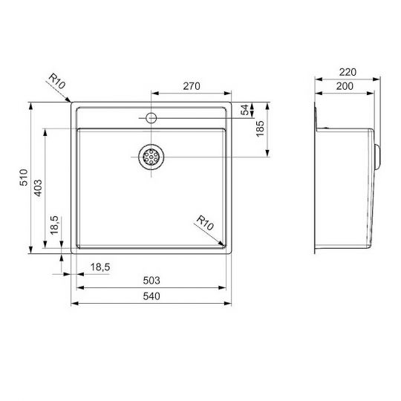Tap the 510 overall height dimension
23,178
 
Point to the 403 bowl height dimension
38,187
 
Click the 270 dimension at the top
192,87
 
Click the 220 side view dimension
347,72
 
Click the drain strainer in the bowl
151,156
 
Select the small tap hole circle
151,117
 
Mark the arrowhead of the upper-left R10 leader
72,103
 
